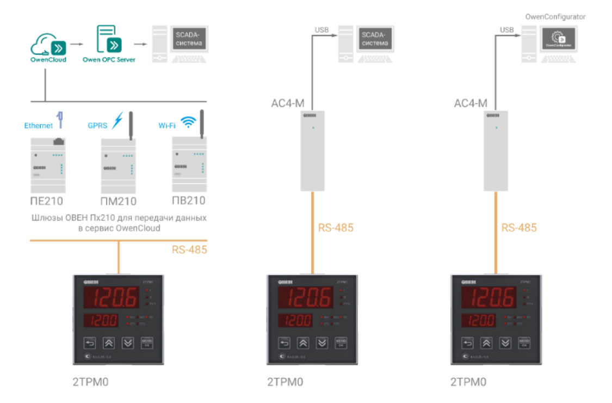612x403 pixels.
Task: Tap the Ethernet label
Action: [x=39, y=126]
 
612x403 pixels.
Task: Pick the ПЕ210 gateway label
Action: [x=47, y=201]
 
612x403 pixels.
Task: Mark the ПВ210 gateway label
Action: [x=188, y=200]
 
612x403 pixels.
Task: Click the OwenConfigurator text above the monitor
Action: [x=555, y=17]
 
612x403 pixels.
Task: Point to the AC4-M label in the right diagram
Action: [x=471, y=103]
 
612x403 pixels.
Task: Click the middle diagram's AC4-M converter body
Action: [x=312, y=150]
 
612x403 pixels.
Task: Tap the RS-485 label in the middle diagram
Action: [x=336, y=227]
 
